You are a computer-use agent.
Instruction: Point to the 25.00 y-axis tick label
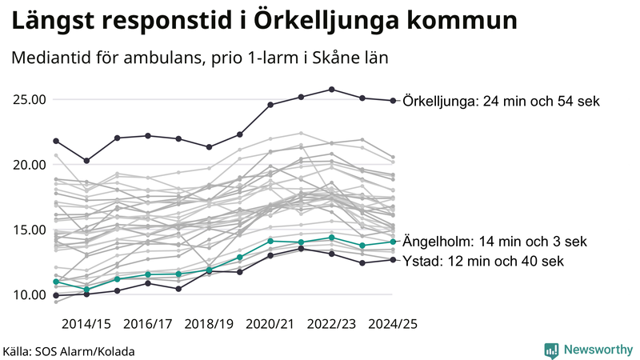[29, 100]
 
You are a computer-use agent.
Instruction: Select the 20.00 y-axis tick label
[29, 165]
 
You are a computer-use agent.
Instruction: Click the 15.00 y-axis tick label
[29, 230]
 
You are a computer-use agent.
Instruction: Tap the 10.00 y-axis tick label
[29, 294]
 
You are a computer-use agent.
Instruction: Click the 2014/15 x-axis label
[86, 324]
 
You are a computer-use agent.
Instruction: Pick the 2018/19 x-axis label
[209, 324]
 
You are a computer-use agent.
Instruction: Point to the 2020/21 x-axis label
[270, 324]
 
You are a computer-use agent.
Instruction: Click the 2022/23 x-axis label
[331, 324]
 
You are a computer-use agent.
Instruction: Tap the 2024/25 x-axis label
[392, 324]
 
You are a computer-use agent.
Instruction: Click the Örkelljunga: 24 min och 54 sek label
[501, 102]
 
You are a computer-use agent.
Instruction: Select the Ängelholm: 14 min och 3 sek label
[495, 242]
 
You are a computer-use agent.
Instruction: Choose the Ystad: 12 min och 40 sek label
[484, 261]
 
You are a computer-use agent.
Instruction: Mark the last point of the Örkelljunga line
[393, 101]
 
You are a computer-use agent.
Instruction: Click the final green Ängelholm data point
[393, 242]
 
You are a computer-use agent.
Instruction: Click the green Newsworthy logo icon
[551, 350]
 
